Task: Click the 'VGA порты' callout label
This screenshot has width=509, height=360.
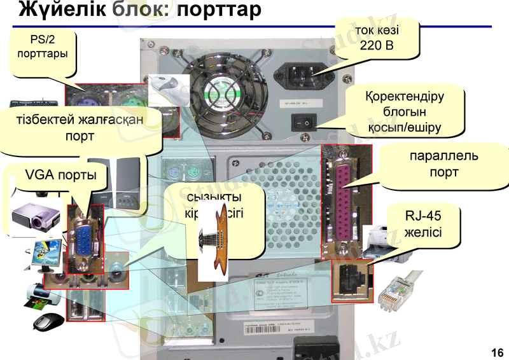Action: (x=61, y=175)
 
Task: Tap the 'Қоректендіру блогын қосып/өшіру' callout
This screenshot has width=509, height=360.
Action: (x=405, y=113)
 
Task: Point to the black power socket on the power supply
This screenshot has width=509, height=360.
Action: (x=302, y=76)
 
